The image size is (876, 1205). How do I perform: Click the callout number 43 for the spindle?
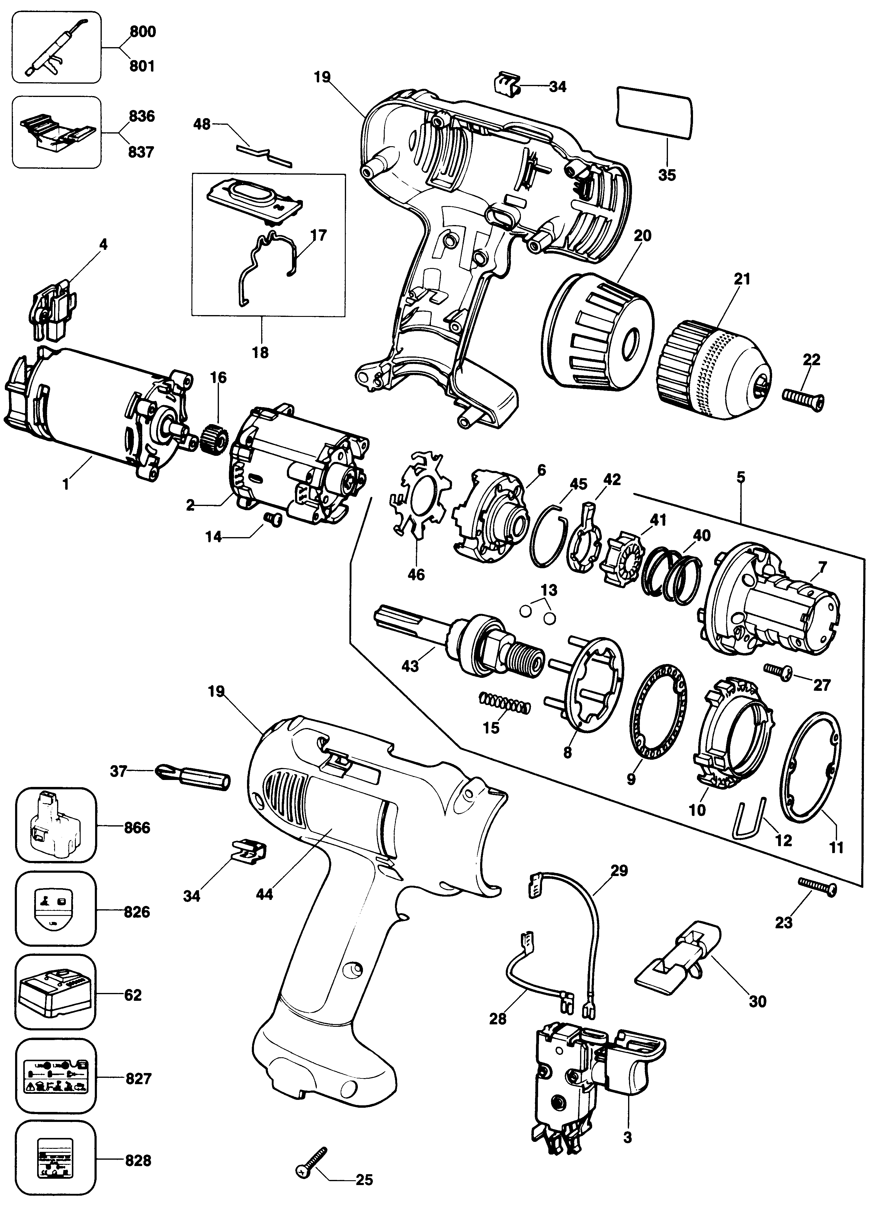click(x=410, y=665)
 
